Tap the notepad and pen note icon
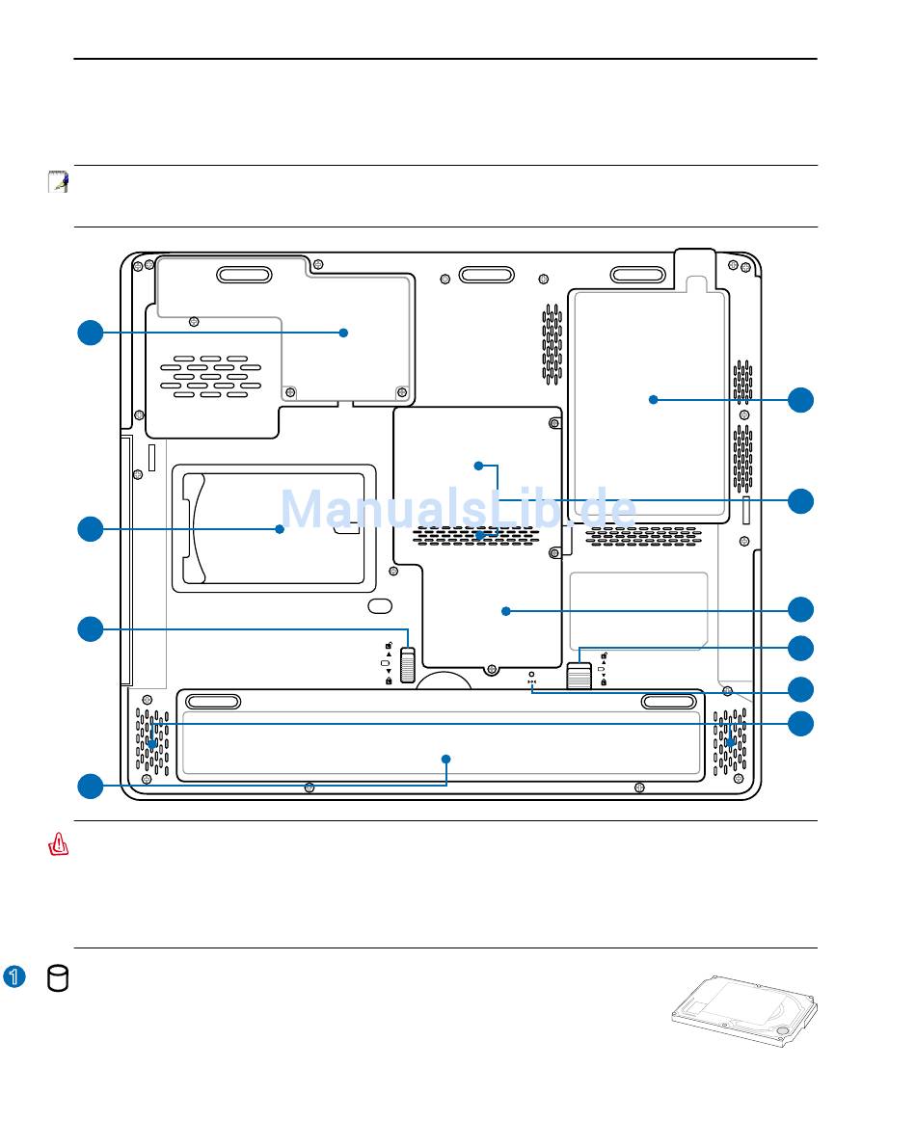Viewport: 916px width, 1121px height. click(x=59, y=181)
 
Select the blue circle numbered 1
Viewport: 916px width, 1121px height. click(x=14, y=976)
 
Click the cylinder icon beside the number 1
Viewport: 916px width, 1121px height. click(x=58, y=978)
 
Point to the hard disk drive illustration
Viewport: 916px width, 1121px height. click(x=744, y=1010)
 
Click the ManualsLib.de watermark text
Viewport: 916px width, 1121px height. click(x=458, y=509)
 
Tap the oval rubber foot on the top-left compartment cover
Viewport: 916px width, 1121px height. click(x=244, y=276)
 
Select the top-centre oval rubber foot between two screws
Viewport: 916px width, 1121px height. click(x=487, y=275)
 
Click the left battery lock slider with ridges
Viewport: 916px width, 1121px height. click(x=408, y=665)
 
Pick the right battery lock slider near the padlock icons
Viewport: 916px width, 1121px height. click(x=579, y=675)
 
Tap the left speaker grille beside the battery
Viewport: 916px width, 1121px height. click(x=153, y=741)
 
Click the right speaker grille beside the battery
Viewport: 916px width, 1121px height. click(x=730, y=741)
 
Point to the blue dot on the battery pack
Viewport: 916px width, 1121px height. click(x=446, y=759)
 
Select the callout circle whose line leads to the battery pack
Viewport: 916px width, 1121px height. click(x=91, y=787)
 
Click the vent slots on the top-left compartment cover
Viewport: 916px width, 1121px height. click(x=211, y=376)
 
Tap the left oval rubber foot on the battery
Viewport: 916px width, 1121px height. click(x=213, y=702)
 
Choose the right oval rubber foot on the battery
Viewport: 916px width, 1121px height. click(x=668, y=702)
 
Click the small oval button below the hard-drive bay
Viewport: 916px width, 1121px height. click(x=380, y=605)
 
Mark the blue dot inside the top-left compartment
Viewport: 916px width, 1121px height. click(x=343, y=333)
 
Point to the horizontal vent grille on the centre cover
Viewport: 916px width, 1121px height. click(x=476, y=536)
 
